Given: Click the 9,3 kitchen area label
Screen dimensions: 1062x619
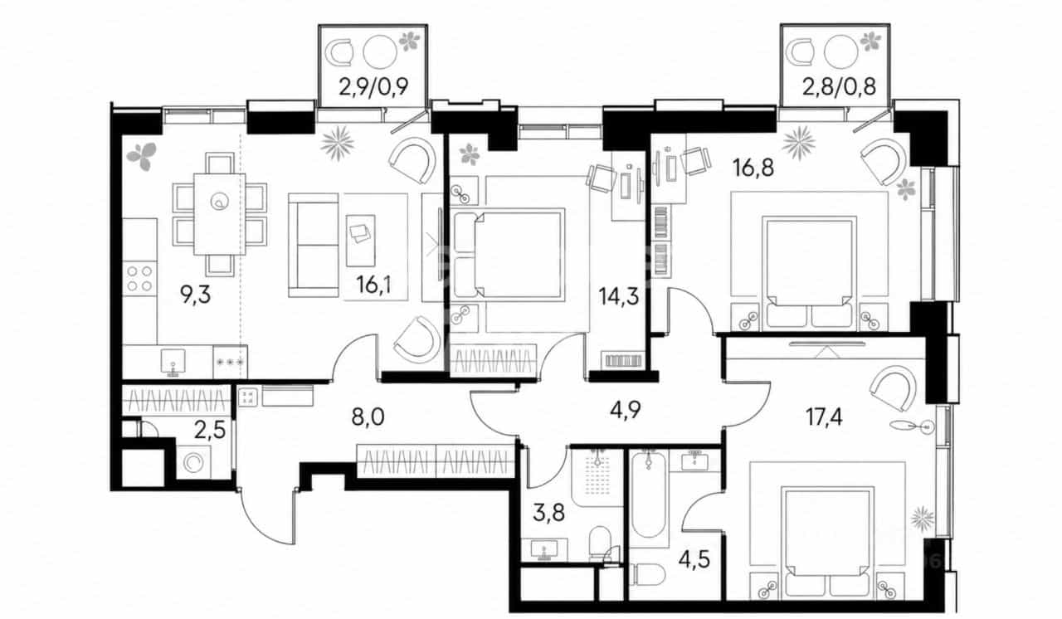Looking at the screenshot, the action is tap(195, 295).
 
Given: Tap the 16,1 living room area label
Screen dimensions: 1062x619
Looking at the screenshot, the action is tap(374, 285).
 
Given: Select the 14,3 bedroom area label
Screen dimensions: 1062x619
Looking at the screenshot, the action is tap(618, 297).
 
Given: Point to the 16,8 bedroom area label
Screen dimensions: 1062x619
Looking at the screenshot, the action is tap(753, 168).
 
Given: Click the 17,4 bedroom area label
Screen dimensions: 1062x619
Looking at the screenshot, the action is tap(824, 417).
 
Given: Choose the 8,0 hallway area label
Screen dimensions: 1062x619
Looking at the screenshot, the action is tap(368, 417).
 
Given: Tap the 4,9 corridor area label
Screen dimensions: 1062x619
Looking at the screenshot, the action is tap(625, 410).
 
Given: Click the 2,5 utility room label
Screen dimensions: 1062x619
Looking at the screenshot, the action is tap(209, 431).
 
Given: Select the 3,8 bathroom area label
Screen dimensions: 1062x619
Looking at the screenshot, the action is tap(549, 512).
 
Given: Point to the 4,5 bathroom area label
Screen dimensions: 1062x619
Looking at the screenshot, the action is tap(694, 559).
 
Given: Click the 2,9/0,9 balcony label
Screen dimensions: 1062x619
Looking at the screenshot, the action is tap(373, 87).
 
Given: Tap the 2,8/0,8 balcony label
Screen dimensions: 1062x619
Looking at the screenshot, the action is tap(839, 87).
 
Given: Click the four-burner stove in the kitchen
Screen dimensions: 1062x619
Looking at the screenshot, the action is tap(140, 278).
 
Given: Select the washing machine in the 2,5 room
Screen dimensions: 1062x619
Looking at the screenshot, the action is tap(194, 462).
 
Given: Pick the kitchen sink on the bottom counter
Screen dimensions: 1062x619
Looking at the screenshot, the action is tap(173, 362).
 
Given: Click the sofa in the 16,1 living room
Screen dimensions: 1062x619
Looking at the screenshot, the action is tap(313, 245).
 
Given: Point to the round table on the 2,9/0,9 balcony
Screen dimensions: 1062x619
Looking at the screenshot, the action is tap(380, 51).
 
